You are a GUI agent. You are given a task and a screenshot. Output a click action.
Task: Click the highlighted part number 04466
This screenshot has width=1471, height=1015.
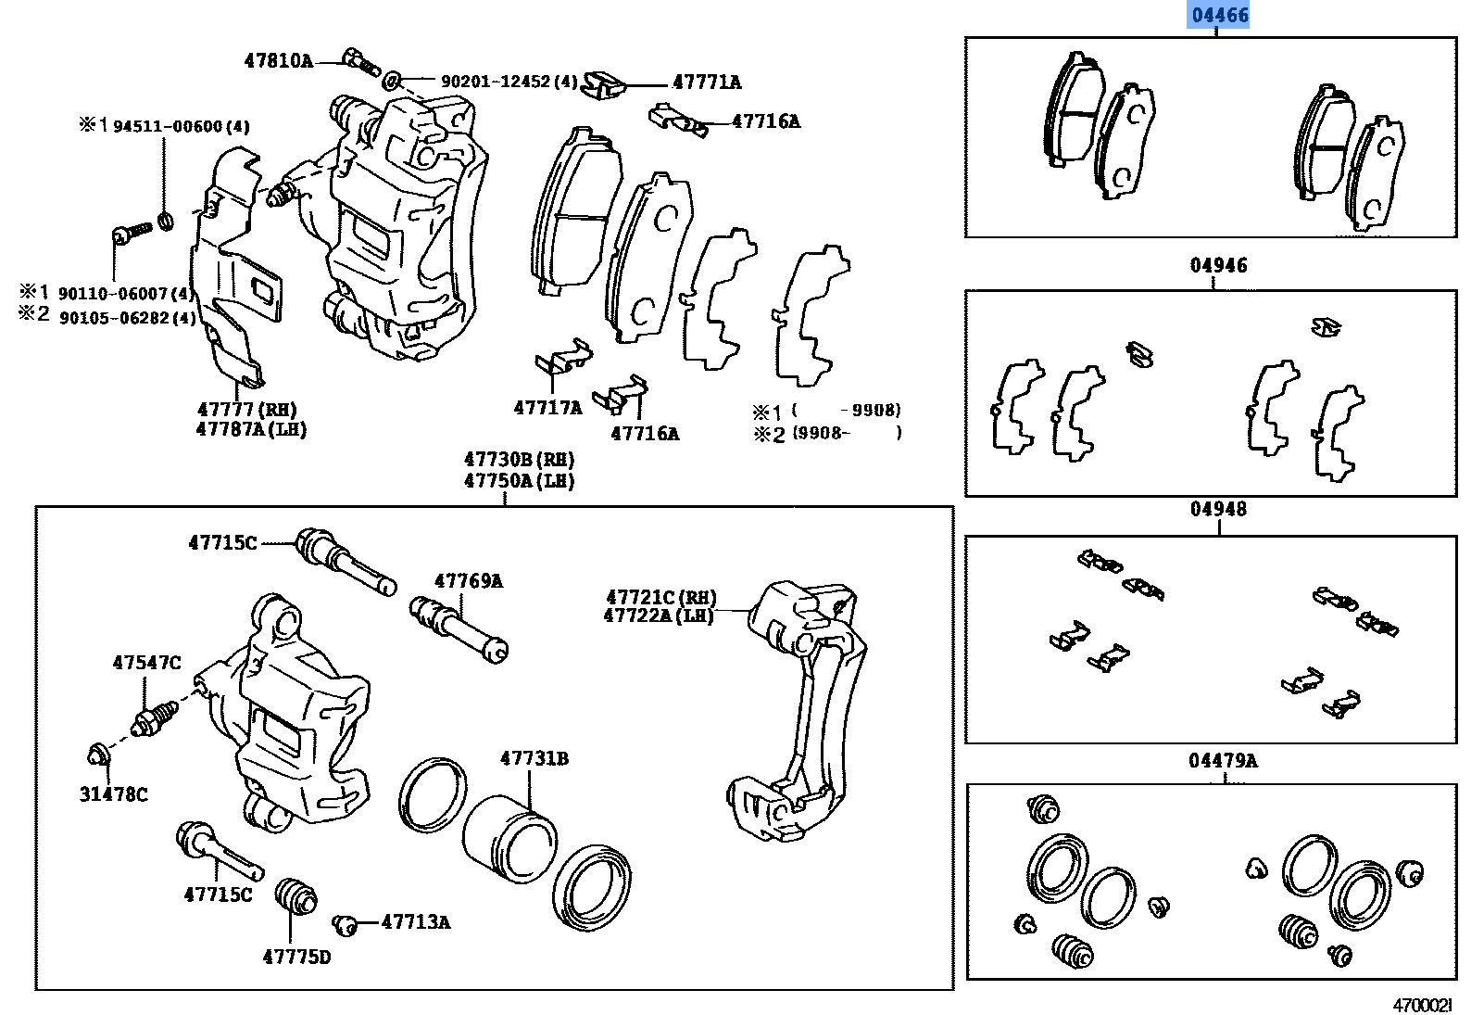coord(1220,15)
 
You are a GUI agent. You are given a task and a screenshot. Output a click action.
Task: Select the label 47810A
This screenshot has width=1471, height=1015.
coord(278,61)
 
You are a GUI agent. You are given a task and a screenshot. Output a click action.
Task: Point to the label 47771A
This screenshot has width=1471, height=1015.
coord(707,82)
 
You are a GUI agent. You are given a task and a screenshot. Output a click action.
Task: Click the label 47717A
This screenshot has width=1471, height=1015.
coord(547,408)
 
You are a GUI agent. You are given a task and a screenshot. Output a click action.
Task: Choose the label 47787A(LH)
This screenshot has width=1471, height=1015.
coord(251,430)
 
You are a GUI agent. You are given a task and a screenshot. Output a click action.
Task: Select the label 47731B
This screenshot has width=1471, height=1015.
coord(534,758)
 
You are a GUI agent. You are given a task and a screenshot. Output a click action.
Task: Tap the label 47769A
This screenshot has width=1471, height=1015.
coord(469,581)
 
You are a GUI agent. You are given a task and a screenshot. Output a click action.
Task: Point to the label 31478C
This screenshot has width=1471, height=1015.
coord(113,794)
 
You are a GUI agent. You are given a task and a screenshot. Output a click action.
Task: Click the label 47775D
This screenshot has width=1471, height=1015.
coord(296,958)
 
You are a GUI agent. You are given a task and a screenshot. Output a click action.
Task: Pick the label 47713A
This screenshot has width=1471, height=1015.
coord(416,922)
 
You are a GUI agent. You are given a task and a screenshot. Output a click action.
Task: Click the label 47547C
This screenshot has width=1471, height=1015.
coord(146,663)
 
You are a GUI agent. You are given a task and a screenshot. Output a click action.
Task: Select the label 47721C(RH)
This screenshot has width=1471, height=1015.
coord(661,598)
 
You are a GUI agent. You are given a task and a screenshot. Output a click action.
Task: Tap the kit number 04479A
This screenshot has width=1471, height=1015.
coord(1223,761)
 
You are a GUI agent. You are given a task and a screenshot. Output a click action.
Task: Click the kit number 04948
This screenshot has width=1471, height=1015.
coord(1218,510)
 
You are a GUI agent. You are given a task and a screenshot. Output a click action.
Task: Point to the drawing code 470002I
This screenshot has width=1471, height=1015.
coord(1423,1005)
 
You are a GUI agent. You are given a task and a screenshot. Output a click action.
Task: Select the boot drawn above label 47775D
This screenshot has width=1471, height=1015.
coord(296,895)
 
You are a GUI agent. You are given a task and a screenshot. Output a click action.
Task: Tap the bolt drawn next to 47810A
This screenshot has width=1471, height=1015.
coord(360,63)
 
